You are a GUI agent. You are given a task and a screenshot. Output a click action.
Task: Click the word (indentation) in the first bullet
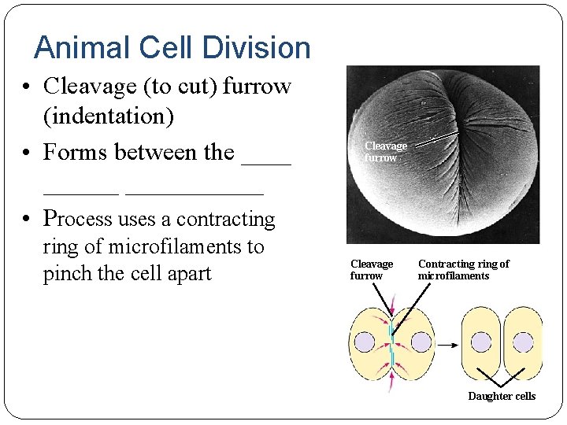click(108, 116)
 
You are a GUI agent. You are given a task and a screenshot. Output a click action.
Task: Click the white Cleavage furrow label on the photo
click(385, 151)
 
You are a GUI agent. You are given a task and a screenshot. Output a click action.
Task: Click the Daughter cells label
click(502, 396)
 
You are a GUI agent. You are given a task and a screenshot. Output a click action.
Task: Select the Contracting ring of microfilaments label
click(463, 269)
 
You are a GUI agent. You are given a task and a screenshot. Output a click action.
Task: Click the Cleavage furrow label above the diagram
click(371, 269)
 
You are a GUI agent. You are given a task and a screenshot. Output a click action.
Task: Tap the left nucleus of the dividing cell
click(365, 342)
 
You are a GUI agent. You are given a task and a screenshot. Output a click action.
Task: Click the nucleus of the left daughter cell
click(481, 341)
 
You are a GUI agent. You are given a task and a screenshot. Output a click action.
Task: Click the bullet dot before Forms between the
click(28, 152)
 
